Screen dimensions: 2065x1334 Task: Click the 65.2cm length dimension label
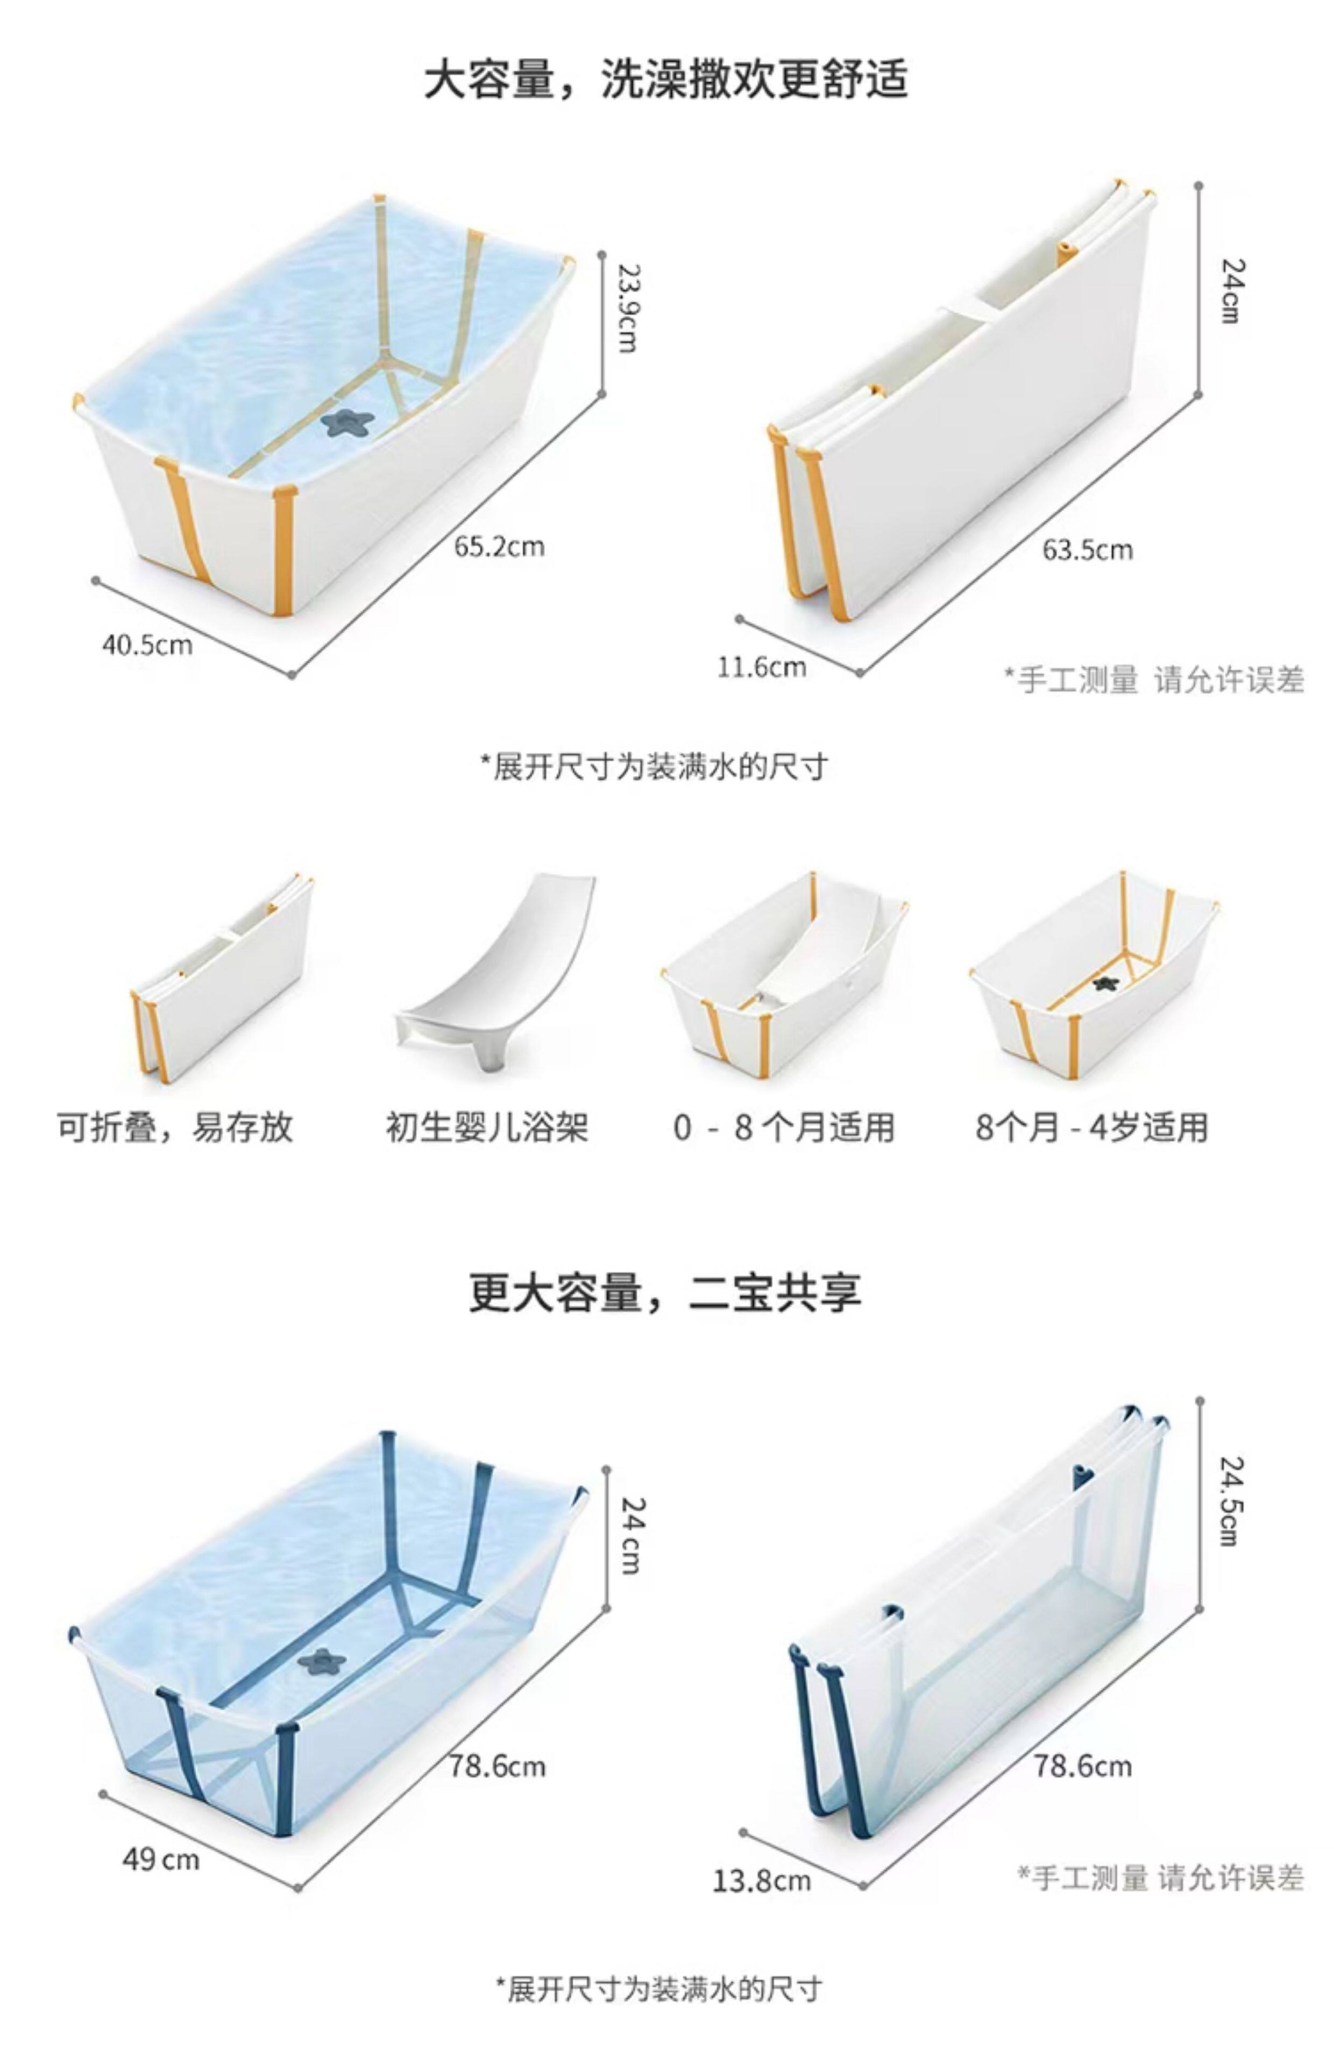[499, 546]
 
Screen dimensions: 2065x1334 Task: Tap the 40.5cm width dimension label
[147, 645]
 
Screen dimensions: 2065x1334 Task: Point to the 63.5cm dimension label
[1087, 550]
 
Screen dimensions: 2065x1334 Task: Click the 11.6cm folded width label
[762, 667]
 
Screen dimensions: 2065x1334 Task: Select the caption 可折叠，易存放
[175, 1127]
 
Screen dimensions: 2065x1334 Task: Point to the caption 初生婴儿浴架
[487, 1127]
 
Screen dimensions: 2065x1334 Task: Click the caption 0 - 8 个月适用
[783, 1127]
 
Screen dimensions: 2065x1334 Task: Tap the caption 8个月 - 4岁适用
[1091, 1127]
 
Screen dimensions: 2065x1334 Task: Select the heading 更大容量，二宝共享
[665, 1293]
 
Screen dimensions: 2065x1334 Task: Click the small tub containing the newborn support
[784, 978]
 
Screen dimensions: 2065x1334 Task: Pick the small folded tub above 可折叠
[221, 978]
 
